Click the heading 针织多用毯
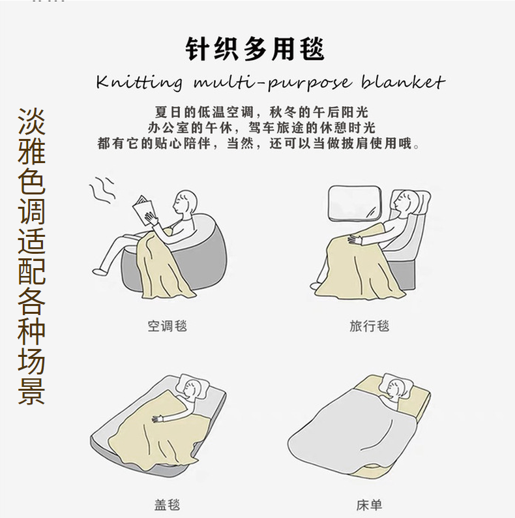point(254,50)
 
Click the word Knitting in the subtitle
point(139,83)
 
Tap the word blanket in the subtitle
point(403,82)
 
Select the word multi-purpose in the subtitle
point(272,84)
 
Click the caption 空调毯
point(168,326)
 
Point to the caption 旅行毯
point(370,326)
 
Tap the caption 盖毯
point(168,505)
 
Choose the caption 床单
point(370,505)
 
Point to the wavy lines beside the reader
point(102,190)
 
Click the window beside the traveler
point(355,203)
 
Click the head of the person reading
point(185,202)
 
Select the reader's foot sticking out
point(100,271)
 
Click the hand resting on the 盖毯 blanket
point(158,419)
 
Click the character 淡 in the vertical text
point(31,121)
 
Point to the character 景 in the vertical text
point(31,391)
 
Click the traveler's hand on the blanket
point(355,239)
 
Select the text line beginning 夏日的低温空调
point(261,112)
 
